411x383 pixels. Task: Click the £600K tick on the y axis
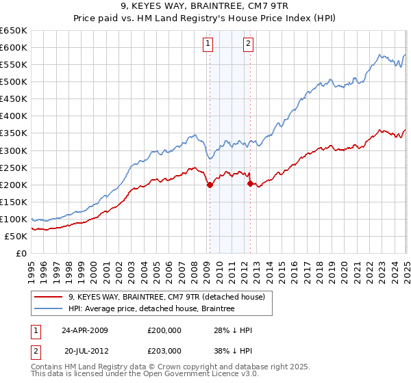pyautogui.click(x=14, y=47)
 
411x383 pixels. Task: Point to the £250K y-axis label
pyautogui.click(x=14, y=168)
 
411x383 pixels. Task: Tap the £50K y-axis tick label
pyautogui.click(x=17, y=236)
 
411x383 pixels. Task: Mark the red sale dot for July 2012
pyautogui.click(x=250, y=183)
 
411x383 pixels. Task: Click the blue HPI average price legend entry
pyautogui.click(x=151, y=309)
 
